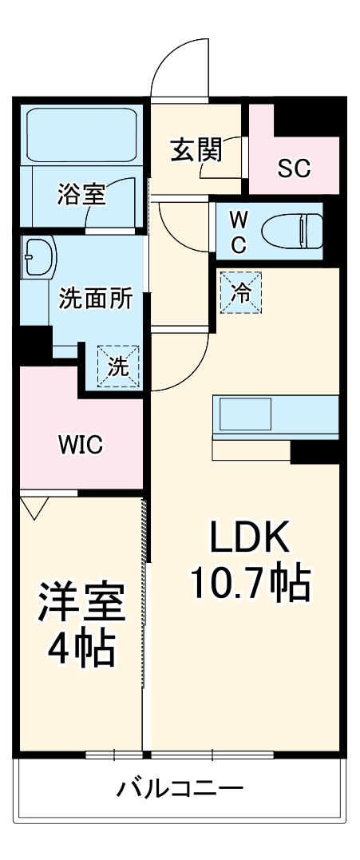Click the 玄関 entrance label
click(x=196, y=150)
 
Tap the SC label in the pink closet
click(x=294, y=168)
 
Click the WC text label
click(x=238, y=232)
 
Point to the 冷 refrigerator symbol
click(x=240, y=293)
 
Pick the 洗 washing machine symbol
click(x=117, y=367)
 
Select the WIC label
click(x=79, y=445)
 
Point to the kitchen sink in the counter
click(x=246, y=415)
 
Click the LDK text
click(x=248, y=540)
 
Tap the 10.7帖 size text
click(x=248, y=585)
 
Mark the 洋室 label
click(x=82, y=604)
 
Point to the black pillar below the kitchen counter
click(x=315, y=453)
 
